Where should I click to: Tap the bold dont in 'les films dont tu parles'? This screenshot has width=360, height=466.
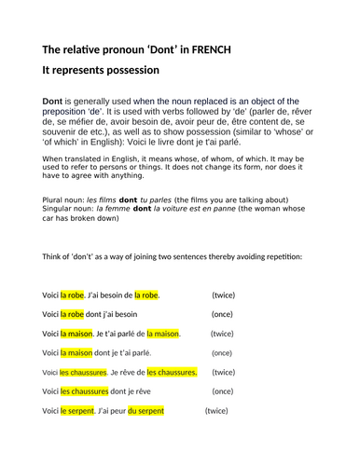pyautogui.click(x=128, y=199)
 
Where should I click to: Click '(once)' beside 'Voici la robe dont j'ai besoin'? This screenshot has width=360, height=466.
pyautogui.click(x=222, y=314)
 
